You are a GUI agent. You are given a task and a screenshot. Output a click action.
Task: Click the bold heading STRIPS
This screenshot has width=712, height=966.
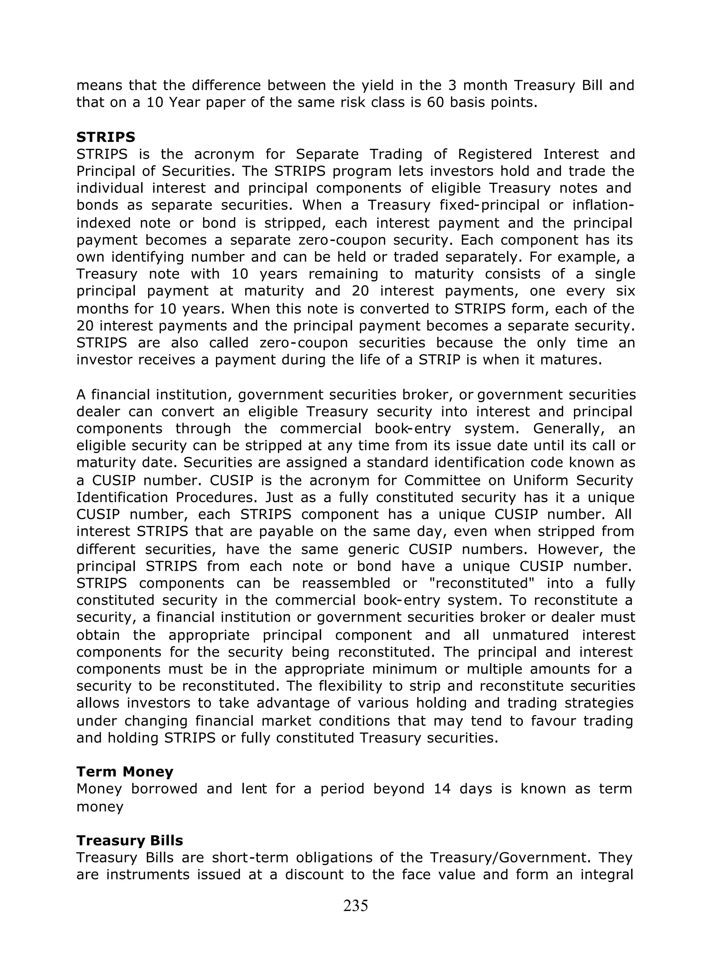coord(106,137)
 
